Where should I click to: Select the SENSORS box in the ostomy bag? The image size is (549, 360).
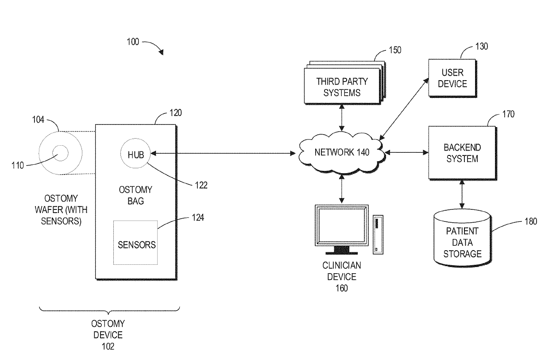[135, 243]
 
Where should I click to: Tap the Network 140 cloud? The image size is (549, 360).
[342, 153]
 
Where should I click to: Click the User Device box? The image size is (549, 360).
[452, 78]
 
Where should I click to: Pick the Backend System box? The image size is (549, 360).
[462, 153]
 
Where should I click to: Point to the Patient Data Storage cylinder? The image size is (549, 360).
[462, 237]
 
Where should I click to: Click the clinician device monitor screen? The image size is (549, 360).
[342, 225]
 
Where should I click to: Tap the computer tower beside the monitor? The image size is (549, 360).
[378, 235]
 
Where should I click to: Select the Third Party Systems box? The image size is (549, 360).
[342, 85]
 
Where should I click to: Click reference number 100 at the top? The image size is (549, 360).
[133, 42]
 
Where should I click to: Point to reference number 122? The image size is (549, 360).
[201, 185]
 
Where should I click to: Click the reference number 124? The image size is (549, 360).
[198, 217]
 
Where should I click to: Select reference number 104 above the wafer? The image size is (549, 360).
[38, 120]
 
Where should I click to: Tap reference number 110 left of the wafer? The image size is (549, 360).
[18, 166]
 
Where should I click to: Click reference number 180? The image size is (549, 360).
[530, 221]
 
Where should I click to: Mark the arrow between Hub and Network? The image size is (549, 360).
[223, 153]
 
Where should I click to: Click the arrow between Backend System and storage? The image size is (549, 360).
[462, 194]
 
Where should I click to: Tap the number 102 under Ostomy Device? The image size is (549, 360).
[108, 347]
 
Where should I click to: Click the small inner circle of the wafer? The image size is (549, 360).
[61, 145]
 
